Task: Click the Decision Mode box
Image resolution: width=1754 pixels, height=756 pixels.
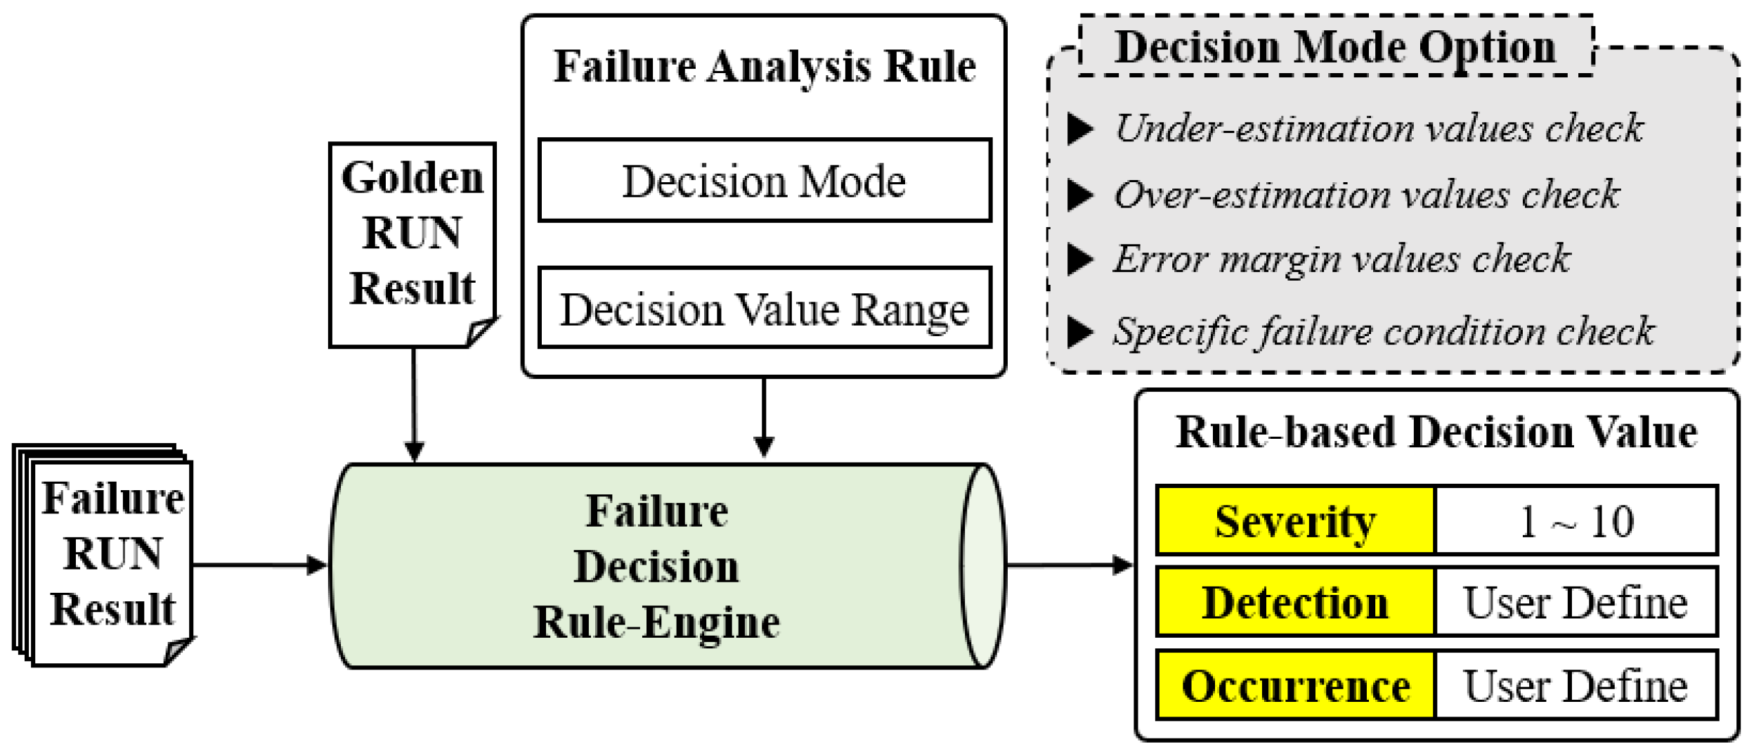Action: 764,181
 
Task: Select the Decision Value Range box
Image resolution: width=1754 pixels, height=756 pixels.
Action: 764,309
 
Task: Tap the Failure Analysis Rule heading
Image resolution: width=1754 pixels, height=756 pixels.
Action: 764,67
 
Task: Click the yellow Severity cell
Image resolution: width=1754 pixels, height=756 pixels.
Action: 1294,521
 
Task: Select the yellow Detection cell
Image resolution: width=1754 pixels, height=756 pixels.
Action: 1294,603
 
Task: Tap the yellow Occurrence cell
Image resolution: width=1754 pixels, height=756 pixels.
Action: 1294,686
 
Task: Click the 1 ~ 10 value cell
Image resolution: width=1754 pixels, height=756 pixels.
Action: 1576,521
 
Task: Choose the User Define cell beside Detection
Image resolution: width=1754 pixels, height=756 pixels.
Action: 1576,603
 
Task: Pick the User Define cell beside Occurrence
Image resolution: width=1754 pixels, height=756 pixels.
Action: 1576,686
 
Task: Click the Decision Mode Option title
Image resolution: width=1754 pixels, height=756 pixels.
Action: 1335,47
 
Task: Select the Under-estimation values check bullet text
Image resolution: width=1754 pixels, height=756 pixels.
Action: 1378,129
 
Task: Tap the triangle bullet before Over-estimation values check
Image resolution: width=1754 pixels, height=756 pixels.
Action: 1079,195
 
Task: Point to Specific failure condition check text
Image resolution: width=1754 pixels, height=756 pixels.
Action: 1383,331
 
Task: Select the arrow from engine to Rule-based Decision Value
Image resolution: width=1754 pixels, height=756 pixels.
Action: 1068,565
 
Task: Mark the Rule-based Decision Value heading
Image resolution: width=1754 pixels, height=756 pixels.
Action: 1436,433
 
